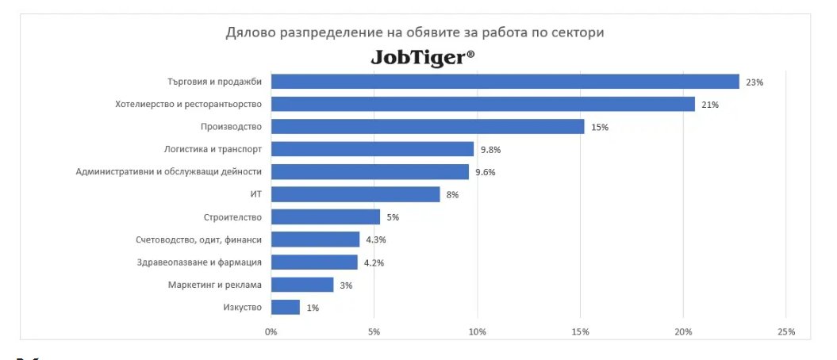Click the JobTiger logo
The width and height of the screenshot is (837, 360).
423,58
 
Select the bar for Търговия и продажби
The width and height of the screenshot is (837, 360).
505,82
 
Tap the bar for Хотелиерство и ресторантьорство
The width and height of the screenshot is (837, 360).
482,104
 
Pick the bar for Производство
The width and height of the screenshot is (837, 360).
428,127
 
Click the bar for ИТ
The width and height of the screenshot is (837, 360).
355,194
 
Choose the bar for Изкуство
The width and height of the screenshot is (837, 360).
286,307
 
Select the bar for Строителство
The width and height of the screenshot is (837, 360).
325,216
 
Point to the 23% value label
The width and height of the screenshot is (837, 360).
754,82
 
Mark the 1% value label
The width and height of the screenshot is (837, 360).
312,308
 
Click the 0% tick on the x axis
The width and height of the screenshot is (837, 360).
271,331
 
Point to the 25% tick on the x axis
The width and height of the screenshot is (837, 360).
785,331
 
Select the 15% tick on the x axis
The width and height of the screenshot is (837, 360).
580,331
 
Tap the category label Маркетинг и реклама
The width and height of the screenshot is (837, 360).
215,285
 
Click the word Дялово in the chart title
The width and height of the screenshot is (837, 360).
251,33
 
